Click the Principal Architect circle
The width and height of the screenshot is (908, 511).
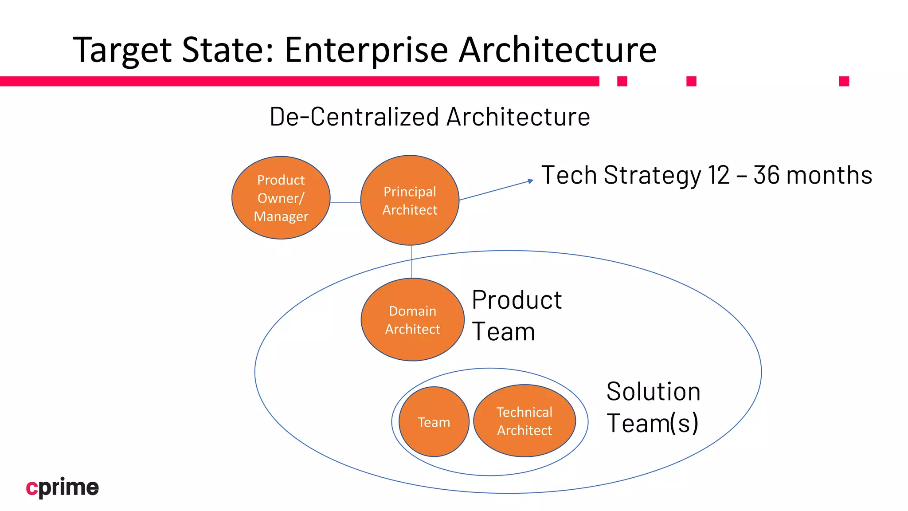(x=410, y=200)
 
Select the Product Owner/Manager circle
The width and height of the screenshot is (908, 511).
(x=281, y=198)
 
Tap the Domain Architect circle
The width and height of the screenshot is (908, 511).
(x=412, y=319)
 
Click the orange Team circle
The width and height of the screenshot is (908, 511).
(x=434, y=421)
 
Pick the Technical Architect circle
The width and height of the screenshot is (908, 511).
(x=524, y=421)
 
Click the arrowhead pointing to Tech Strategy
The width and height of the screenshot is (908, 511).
(x=531, y=181)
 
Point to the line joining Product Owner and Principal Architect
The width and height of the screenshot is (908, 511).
(x=345, y=203)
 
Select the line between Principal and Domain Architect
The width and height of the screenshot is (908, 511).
(x=411, y=262)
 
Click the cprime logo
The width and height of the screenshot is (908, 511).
(x=63, y=487)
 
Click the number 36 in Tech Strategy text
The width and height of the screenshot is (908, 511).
(x=766, y=175)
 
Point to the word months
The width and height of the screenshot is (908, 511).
(x=829, y=175)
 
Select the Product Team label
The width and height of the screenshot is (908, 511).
(x=517, y=315)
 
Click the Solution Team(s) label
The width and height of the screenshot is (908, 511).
(x=653, y=407)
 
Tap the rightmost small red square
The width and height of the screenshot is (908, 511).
(x=844, y=81)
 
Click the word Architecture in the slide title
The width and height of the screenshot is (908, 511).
(x=557, y=50)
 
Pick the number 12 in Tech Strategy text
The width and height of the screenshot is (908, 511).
(x=718, y=175)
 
